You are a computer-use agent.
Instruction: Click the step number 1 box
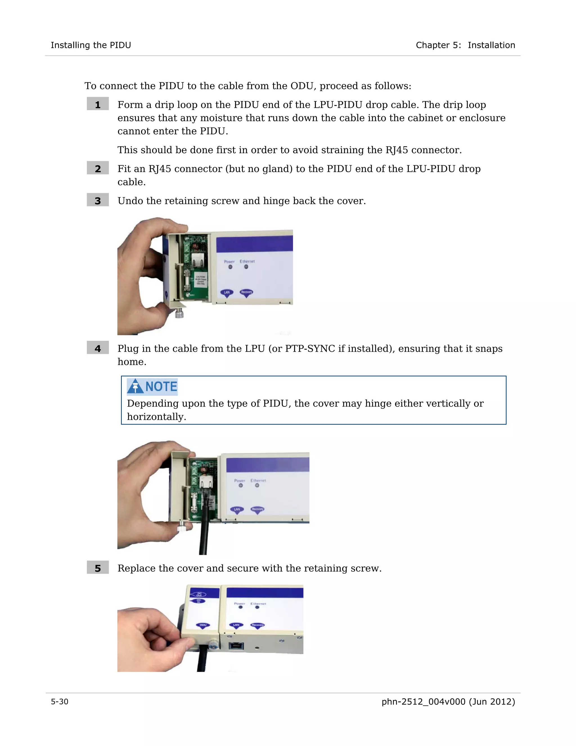(x=98, y=104)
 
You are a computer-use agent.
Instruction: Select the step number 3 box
(x=98, y=200)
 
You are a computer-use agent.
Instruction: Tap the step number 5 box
(x=98, y=568)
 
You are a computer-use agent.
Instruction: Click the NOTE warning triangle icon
(x=135, y=386)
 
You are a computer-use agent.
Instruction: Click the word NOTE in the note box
(x=161, y=386)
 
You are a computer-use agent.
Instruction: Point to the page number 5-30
(x=59, y=702)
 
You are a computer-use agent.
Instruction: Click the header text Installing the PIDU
(x=91, y=45)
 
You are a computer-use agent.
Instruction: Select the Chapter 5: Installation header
(x=465, y=45)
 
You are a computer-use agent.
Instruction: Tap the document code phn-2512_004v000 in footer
(x=423, y=702)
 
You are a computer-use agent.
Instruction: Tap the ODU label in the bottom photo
(x=203, y=625)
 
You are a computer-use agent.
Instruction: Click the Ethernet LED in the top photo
(x=246, y=267)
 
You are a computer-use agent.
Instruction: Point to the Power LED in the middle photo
(x=240, y=485)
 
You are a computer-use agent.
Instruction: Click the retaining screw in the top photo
(x=179, y=313)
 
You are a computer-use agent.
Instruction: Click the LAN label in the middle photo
(x=237, y=509)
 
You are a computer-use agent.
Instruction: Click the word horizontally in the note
(x=156, y=417)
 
